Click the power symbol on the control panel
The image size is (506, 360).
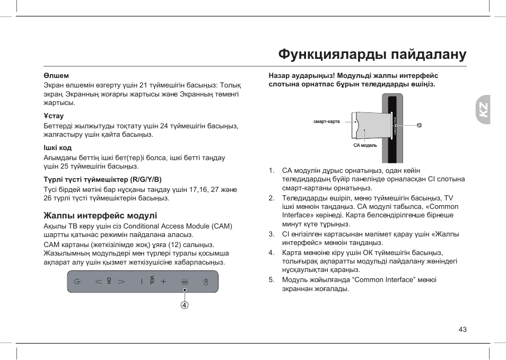tap(78, 282)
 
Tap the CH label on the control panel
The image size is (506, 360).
tap(109, 281)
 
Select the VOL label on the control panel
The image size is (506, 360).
tap(152, 280)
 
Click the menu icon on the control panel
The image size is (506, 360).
tap(185, 282)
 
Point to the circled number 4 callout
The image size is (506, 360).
tap(185, 305)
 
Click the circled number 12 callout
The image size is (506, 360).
tap(419, 126)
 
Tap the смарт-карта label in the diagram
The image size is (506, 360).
tap(326, 122)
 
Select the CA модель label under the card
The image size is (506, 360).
tap(365, 145)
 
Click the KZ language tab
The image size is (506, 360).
tap(483, 110)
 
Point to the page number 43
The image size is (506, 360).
tap(463, 330)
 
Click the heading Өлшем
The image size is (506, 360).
tap(56, 76)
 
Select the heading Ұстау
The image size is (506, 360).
tap(54, 116)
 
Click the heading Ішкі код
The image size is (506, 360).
tap(57, 148)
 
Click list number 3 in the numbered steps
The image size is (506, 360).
tap(272, 234)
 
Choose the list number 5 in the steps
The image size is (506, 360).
tap(272, 279)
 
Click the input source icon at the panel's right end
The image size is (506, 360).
tap(206, 282)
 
